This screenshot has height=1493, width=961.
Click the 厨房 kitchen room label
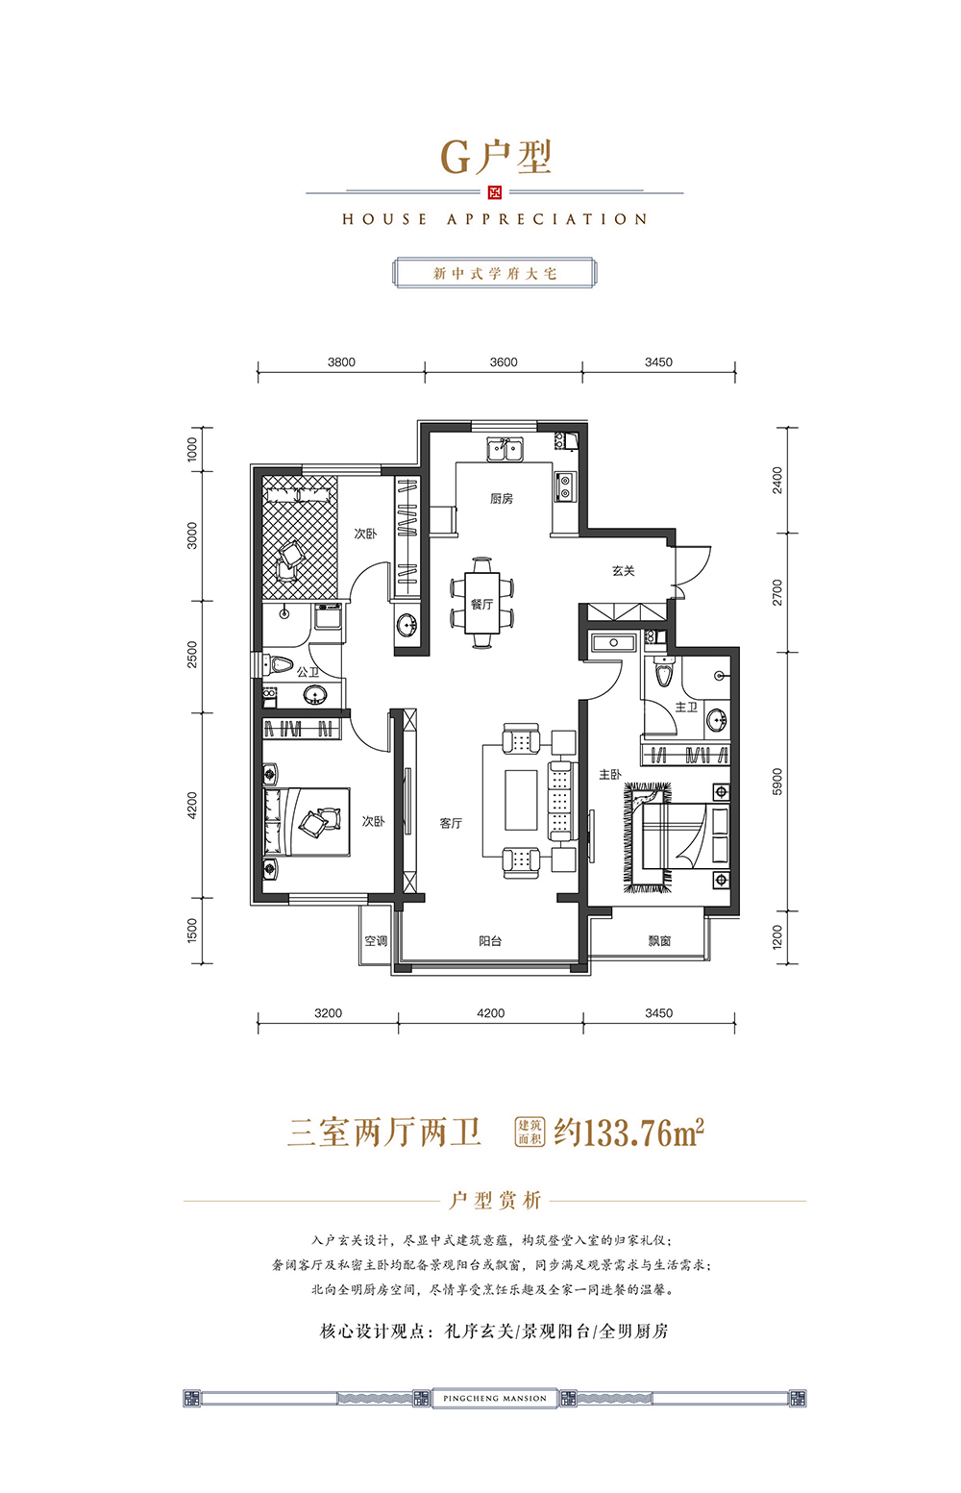click(501, 499)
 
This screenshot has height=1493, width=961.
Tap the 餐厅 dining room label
click(481, 604)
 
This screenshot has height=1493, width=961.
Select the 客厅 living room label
click(451, 823)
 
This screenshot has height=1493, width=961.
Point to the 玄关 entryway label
click(623, 570)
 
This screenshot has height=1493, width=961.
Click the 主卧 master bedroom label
click(610, 774)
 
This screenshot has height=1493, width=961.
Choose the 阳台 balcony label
click(490, 940)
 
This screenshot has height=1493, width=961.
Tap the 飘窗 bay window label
click(659, 940)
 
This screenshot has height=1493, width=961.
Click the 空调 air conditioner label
click(376, 940)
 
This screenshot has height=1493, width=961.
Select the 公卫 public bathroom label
click(308, 672)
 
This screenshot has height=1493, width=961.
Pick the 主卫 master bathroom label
click(686, 707)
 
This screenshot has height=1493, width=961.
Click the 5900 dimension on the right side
click(777, 782)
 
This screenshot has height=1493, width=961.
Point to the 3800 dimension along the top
click(341, 361)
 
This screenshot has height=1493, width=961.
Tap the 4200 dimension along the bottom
click(490, 1013)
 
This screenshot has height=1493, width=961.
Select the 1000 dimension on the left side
click(192, 449)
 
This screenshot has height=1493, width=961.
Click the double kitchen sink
click(505, 449)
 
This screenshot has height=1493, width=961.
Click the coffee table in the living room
click(521, 800)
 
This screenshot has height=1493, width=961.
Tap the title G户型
click(496, 158)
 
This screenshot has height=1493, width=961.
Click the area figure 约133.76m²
click(629, 1132)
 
